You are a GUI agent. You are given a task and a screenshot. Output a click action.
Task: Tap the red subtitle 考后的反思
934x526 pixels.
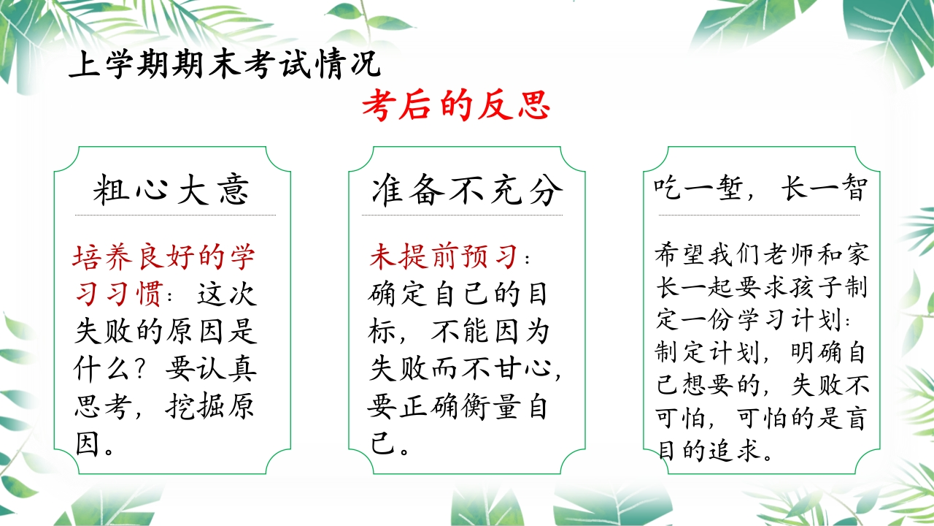click(456, 104)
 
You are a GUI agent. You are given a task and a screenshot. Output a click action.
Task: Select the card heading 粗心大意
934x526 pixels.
click(171, 190)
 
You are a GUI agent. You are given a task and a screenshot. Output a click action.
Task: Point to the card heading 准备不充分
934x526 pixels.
click(467, 190)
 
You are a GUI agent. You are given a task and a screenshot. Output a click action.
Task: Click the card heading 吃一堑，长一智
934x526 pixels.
click(760, 188)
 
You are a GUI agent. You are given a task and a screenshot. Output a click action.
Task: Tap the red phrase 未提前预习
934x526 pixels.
click(444, 256)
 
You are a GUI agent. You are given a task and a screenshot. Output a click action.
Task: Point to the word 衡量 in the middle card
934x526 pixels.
click(490, 407)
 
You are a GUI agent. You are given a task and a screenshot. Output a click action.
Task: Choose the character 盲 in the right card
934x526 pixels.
click(856, 418)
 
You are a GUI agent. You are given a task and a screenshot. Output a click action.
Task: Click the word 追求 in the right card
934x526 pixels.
click(736, 451)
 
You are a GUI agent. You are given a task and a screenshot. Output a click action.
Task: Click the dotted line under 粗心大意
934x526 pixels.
click(176, 215)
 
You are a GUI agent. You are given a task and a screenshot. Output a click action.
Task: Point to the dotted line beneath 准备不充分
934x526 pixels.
click(462, 215)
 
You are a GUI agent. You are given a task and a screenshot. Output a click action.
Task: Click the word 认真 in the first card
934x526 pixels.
click(226, 370)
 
